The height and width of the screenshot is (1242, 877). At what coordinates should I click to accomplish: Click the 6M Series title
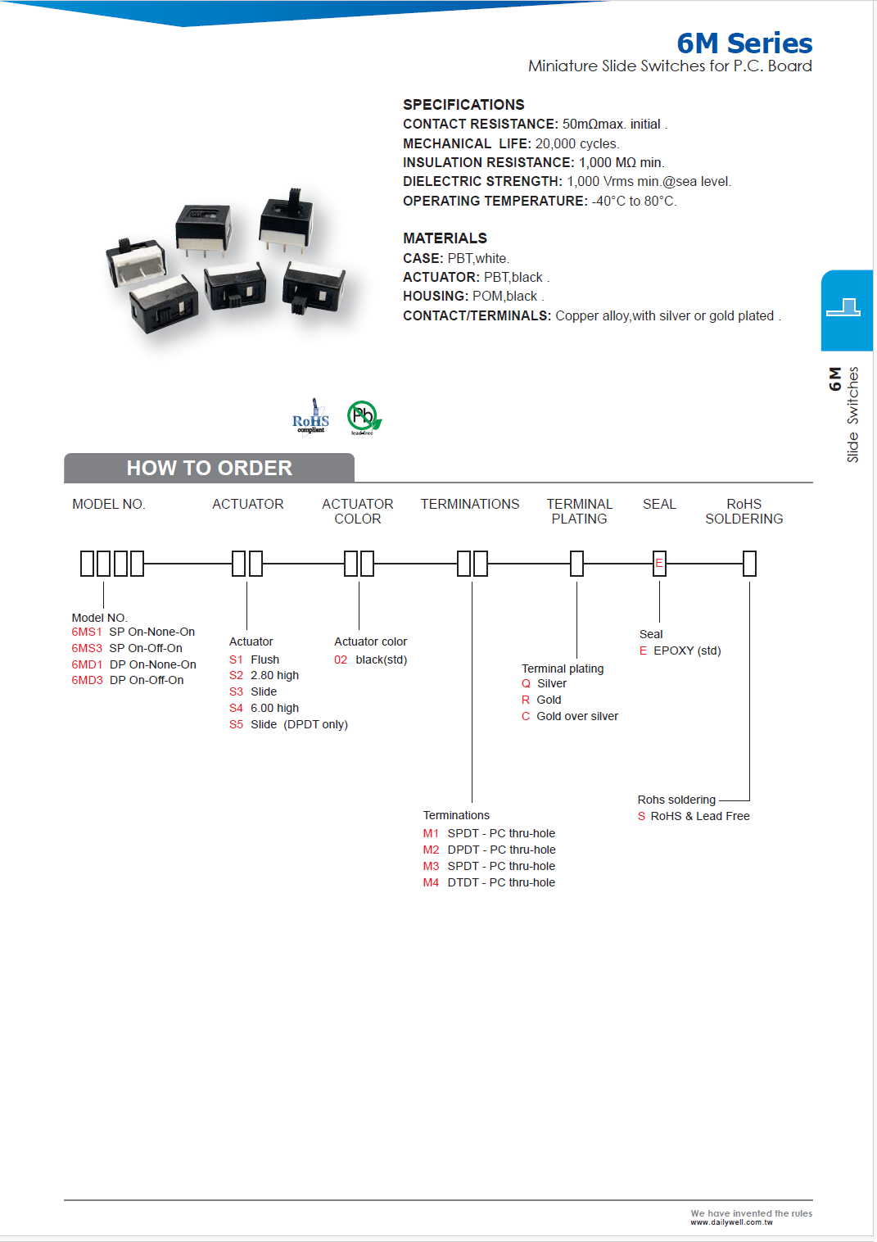[x=744, y=43]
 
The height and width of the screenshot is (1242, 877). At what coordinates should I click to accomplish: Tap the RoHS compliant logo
[x=310, y=418]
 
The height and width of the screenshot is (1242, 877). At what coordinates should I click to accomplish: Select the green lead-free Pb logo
[x=363, y=417]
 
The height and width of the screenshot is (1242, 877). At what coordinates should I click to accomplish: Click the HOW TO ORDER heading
[x=209, y=468]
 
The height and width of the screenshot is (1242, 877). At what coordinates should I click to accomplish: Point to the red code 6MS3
[x=86, y=648]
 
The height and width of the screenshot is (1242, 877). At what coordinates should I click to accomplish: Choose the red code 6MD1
[x=87, y=664]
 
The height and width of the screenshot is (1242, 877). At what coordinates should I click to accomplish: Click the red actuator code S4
[x=236, y=708]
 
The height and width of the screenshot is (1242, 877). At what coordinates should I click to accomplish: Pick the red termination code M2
[x=431, y=850]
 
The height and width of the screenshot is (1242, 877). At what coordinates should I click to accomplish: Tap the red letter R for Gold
[x=526, y=700]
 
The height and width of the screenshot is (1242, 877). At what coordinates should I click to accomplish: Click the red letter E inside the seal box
[x=659, y=563]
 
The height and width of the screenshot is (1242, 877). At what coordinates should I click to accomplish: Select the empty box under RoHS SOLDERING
[x=749, y=564]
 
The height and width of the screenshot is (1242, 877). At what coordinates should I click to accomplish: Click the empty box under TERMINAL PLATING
[x=576, y=564]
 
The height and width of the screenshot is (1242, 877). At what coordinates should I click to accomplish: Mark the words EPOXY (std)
[x=687, y=650]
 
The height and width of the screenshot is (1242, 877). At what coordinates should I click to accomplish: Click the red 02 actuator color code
[x=341, y=660]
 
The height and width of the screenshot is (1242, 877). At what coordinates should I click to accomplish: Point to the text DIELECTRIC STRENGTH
[x=482, y=181]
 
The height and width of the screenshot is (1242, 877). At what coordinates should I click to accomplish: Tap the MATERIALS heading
[x=445, y=238]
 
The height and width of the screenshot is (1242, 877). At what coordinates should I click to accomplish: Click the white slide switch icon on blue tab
[x=843, y=308]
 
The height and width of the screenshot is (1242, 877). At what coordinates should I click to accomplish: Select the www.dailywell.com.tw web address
[x=731, y=1222]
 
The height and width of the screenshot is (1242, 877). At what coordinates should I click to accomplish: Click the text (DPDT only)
[x=315, y=724]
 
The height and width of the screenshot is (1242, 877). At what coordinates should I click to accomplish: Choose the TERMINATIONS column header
[x=470, y=504]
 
